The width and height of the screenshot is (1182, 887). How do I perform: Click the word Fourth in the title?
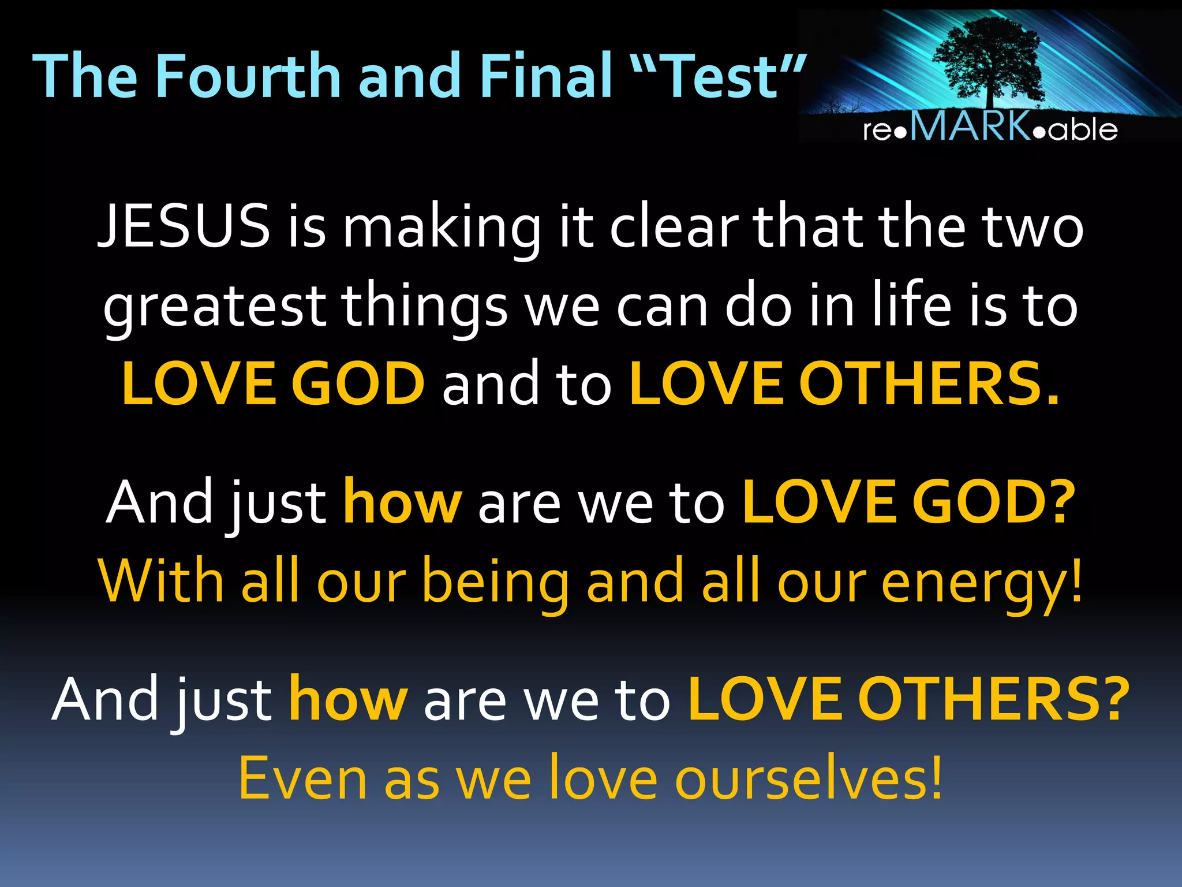pyautogui.click(x=248, y=76)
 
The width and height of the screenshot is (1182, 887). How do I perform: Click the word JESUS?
pyautogui.click(x=184, y=226)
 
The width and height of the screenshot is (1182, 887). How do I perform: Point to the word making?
pyautogui.click(x=442, y=229)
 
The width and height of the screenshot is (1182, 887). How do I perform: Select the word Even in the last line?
pyautogui.click(x=303, y=780)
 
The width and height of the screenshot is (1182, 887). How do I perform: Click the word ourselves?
pyautogui.click(x=808, y=780)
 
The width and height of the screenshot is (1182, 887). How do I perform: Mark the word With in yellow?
pyautogui.click(x=161, y=581)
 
